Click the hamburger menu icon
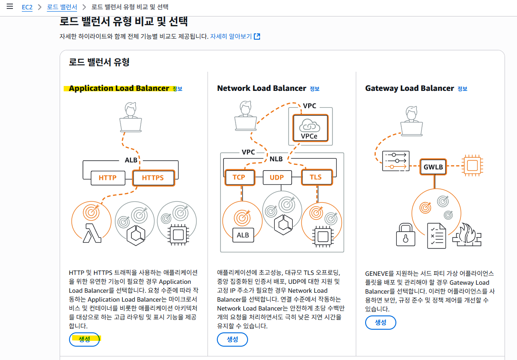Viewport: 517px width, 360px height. (x=10, y=6)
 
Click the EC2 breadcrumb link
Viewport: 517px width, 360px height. (x=27, y=7)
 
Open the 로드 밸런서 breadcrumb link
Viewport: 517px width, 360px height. (x=62, y=7)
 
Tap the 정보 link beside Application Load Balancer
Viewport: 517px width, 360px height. (x=177, y=89)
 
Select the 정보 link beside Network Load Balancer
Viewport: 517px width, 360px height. (x=314, y=89)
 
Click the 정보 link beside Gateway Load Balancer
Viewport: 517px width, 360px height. (x=462, y=89)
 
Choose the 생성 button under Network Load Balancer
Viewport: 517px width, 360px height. (x=232, y=339)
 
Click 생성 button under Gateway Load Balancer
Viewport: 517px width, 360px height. (x=380, y=323)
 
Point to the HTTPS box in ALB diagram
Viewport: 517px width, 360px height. (x=153, y=178)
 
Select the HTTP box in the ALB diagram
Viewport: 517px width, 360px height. (x=107, y=178)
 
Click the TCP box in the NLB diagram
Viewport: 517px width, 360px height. (x=240, y=177)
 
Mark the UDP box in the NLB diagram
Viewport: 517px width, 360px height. (x=277, y=177)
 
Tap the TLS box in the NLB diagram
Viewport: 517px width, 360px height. (x=317, y=177)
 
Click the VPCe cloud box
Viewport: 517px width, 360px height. (x=310, y=128)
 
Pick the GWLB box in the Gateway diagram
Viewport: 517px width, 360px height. (x=433, y=167)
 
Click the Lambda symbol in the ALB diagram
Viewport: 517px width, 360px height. (x=92, y=233)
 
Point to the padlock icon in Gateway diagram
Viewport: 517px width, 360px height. (x=406, y=235)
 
